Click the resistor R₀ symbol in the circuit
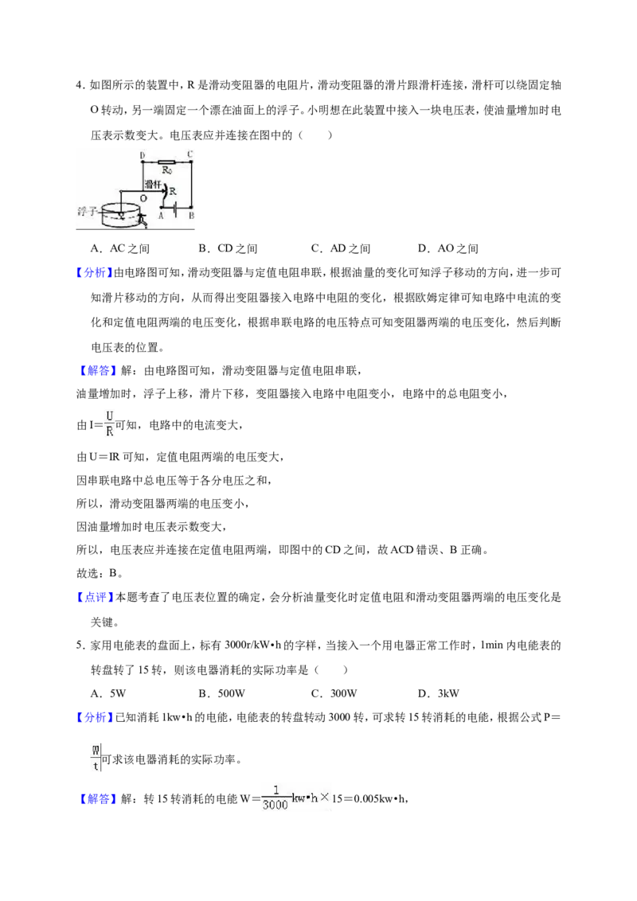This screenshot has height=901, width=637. click(166, 162)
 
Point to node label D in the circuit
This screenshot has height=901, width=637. click(143, 155)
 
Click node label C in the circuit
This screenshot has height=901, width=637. click(190, 154)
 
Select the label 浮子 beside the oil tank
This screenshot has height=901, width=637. click(88, 212)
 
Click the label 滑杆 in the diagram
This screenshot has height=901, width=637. click(153, 185)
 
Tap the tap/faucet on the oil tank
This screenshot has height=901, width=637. click(143, 220)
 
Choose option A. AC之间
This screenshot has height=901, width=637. click(120, 249)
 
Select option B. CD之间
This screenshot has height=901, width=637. click(228, 249)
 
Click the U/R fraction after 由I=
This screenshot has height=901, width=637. click(109, 423)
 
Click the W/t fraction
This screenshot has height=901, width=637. click(96, 758)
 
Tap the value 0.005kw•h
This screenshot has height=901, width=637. click(380, 798)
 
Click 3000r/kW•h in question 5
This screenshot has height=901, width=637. click(260, 646)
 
